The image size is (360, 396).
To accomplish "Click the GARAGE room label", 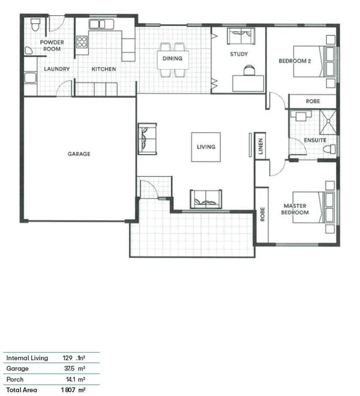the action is pyautogui.click(x=79, y=154).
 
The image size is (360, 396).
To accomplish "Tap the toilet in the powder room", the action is pyautogui.click(x=35, y=24).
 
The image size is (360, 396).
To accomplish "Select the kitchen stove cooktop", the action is pyautogui.click(x=82, y=41).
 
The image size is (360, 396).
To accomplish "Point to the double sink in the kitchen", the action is pyautogui.click(x=101, y=24).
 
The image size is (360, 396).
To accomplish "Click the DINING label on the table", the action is pyautogui.click(x=172, y=58).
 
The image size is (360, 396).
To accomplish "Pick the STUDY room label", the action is pyautogui.click(x=239, y=54).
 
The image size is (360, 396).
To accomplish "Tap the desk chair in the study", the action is pyautogui.click(x=249, y=70).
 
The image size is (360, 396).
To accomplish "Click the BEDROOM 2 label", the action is pyautogui.click(x=295, y=61).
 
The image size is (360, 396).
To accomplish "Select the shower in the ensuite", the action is pyautogui.click(x=328, y=122).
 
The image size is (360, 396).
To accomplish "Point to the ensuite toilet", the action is pyautogui.click(x=330, y=149).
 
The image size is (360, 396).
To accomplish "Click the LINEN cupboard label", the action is pyautogui.click(x=261, y=146).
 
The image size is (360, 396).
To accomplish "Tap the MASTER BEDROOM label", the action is pyautogui.click(x=295, y=209).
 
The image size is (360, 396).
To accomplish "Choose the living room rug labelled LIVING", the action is pyautogui.click(x=206, y=147).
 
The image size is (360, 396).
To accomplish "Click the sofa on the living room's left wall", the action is pyautogui.click(x=147, y=139).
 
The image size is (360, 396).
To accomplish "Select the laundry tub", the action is pyautogui.click(x=30, y=78).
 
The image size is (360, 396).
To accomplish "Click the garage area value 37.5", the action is pyautogui.click(x=69, y=369).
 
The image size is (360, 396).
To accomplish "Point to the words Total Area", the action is pyautogui.click(x=21, y=390).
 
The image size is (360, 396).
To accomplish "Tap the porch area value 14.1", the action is pyautogui.click(x=71, y=380).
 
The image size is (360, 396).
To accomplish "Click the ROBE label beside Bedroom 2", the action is pyautogui.click(x=312, y=101).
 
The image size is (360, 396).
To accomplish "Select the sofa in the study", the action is pyautogui.click(x=241, y=36).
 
